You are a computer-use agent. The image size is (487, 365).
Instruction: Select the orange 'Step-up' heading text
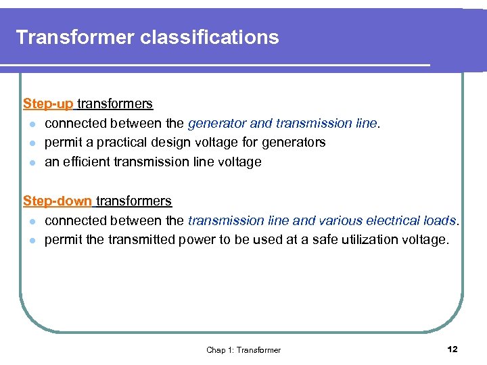(x=48, y=104)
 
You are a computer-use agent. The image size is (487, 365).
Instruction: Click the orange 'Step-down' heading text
(x=57, y=201)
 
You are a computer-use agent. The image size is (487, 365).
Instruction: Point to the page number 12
(x=453, y=349)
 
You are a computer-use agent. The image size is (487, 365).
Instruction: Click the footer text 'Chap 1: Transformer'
(x=243, y=349)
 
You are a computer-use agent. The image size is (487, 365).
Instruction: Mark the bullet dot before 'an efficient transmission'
(x=32, y=162)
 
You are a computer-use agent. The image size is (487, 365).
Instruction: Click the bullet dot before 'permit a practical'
(x=32, y=143)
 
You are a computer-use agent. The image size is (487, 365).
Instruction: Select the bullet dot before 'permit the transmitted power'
(x=32, y=241)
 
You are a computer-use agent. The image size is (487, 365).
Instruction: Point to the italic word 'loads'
(x=443, y=221)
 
